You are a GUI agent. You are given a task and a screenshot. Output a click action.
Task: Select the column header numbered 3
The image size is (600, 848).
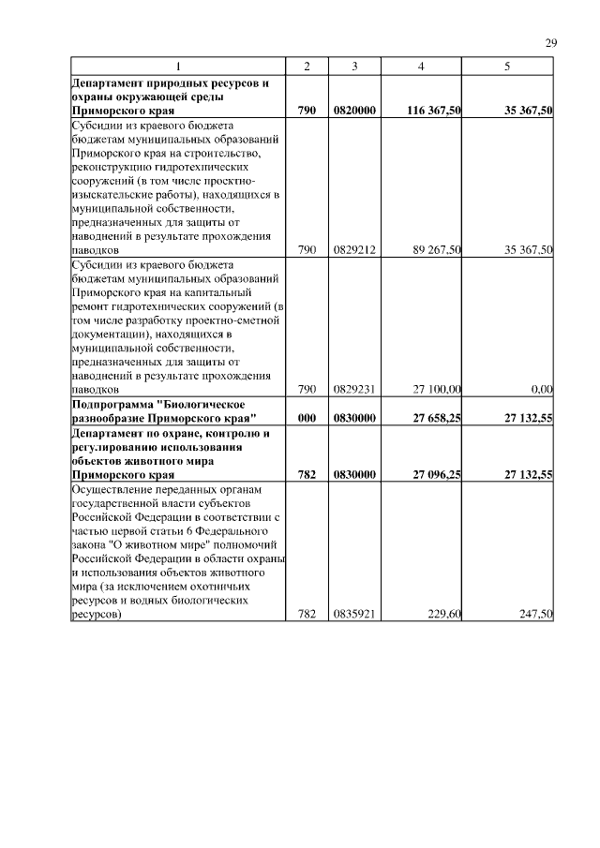[x=354, y=67]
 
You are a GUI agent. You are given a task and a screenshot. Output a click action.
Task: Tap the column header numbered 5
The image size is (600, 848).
[x=507, y=67]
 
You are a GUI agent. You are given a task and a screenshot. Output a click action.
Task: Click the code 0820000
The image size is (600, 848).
[x=354, y=111]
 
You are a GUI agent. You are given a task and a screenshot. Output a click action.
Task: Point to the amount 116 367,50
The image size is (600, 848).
[x=434, y=111]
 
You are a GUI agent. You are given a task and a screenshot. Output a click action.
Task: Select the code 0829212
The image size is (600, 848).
[x=354, y=250]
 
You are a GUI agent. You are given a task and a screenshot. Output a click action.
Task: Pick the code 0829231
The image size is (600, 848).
[x=354, y=388]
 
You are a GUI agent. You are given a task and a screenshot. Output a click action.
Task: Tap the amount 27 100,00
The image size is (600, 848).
[x=437, y=388]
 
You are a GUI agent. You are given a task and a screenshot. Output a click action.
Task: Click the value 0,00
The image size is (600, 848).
[x=541, y=388]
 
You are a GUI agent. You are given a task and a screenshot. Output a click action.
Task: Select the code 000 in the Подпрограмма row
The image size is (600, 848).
[x=307, y=418]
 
